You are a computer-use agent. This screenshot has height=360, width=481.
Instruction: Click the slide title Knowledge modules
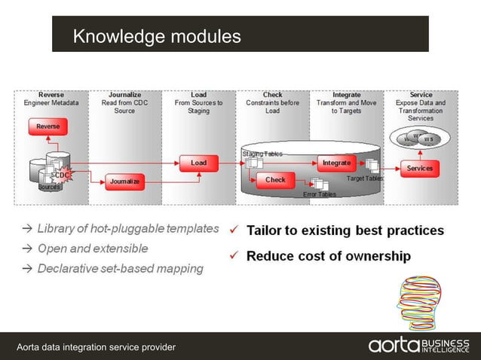coord(157,35)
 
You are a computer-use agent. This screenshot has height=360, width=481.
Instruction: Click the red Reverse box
coord(48,127)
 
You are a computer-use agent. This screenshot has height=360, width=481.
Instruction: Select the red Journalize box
coord(124,182)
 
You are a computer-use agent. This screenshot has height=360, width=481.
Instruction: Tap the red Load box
coord(198,163)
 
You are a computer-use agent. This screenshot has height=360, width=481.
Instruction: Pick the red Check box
coord(275,180)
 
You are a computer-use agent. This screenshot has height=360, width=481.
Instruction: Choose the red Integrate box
coord(336,163)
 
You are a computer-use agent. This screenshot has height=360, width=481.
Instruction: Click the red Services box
coord(420,168)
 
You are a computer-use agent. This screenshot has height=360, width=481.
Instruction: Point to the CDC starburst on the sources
coord(63,175)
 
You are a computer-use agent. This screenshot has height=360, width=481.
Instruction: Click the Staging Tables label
coord(262,154)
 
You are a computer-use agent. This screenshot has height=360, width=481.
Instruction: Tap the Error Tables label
coord(320,194)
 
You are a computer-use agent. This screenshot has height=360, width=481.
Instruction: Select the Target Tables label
coord(365,178)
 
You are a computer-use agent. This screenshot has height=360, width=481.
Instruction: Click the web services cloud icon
coord(420,139)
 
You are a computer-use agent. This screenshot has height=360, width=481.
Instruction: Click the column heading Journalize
coord(124,95)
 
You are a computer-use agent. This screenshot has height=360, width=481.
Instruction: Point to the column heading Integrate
coord(346,95)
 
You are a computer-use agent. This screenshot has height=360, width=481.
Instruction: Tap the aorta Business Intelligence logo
coord(418,346)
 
